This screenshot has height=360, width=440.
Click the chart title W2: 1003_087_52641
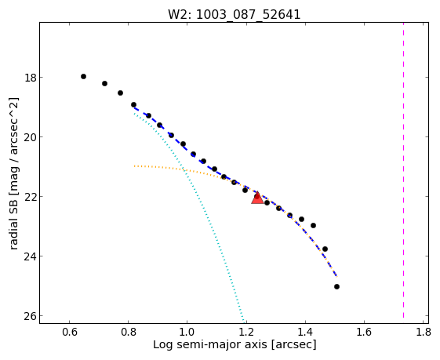(234, 14)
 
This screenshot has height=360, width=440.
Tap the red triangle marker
(257, 198)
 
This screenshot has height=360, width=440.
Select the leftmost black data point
(83, 76)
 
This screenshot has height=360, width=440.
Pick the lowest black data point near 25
(336, 286)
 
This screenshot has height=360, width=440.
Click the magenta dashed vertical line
(403, 169)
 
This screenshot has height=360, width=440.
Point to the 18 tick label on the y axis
(30, 78)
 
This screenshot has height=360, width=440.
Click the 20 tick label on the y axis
(30, 137)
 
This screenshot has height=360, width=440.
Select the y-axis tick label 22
(30, 197)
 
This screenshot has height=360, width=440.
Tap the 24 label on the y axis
(30, 256)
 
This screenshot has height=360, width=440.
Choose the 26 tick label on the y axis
(30, 316)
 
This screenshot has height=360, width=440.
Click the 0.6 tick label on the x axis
(69, 332)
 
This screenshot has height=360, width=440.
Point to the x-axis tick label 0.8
(129, 332)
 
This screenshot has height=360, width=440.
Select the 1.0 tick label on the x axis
(187, 332)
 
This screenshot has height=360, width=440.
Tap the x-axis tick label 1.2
(246, 332)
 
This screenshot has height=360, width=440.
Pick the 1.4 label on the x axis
(305, 332)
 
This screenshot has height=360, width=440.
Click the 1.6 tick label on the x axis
(364, 332)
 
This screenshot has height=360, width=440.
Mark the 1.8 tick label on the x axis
(423, 332)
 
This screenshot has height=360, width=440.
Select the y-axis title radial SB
(13, 220)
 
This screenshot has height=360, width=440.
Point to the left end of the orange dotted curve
(134, 166)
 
